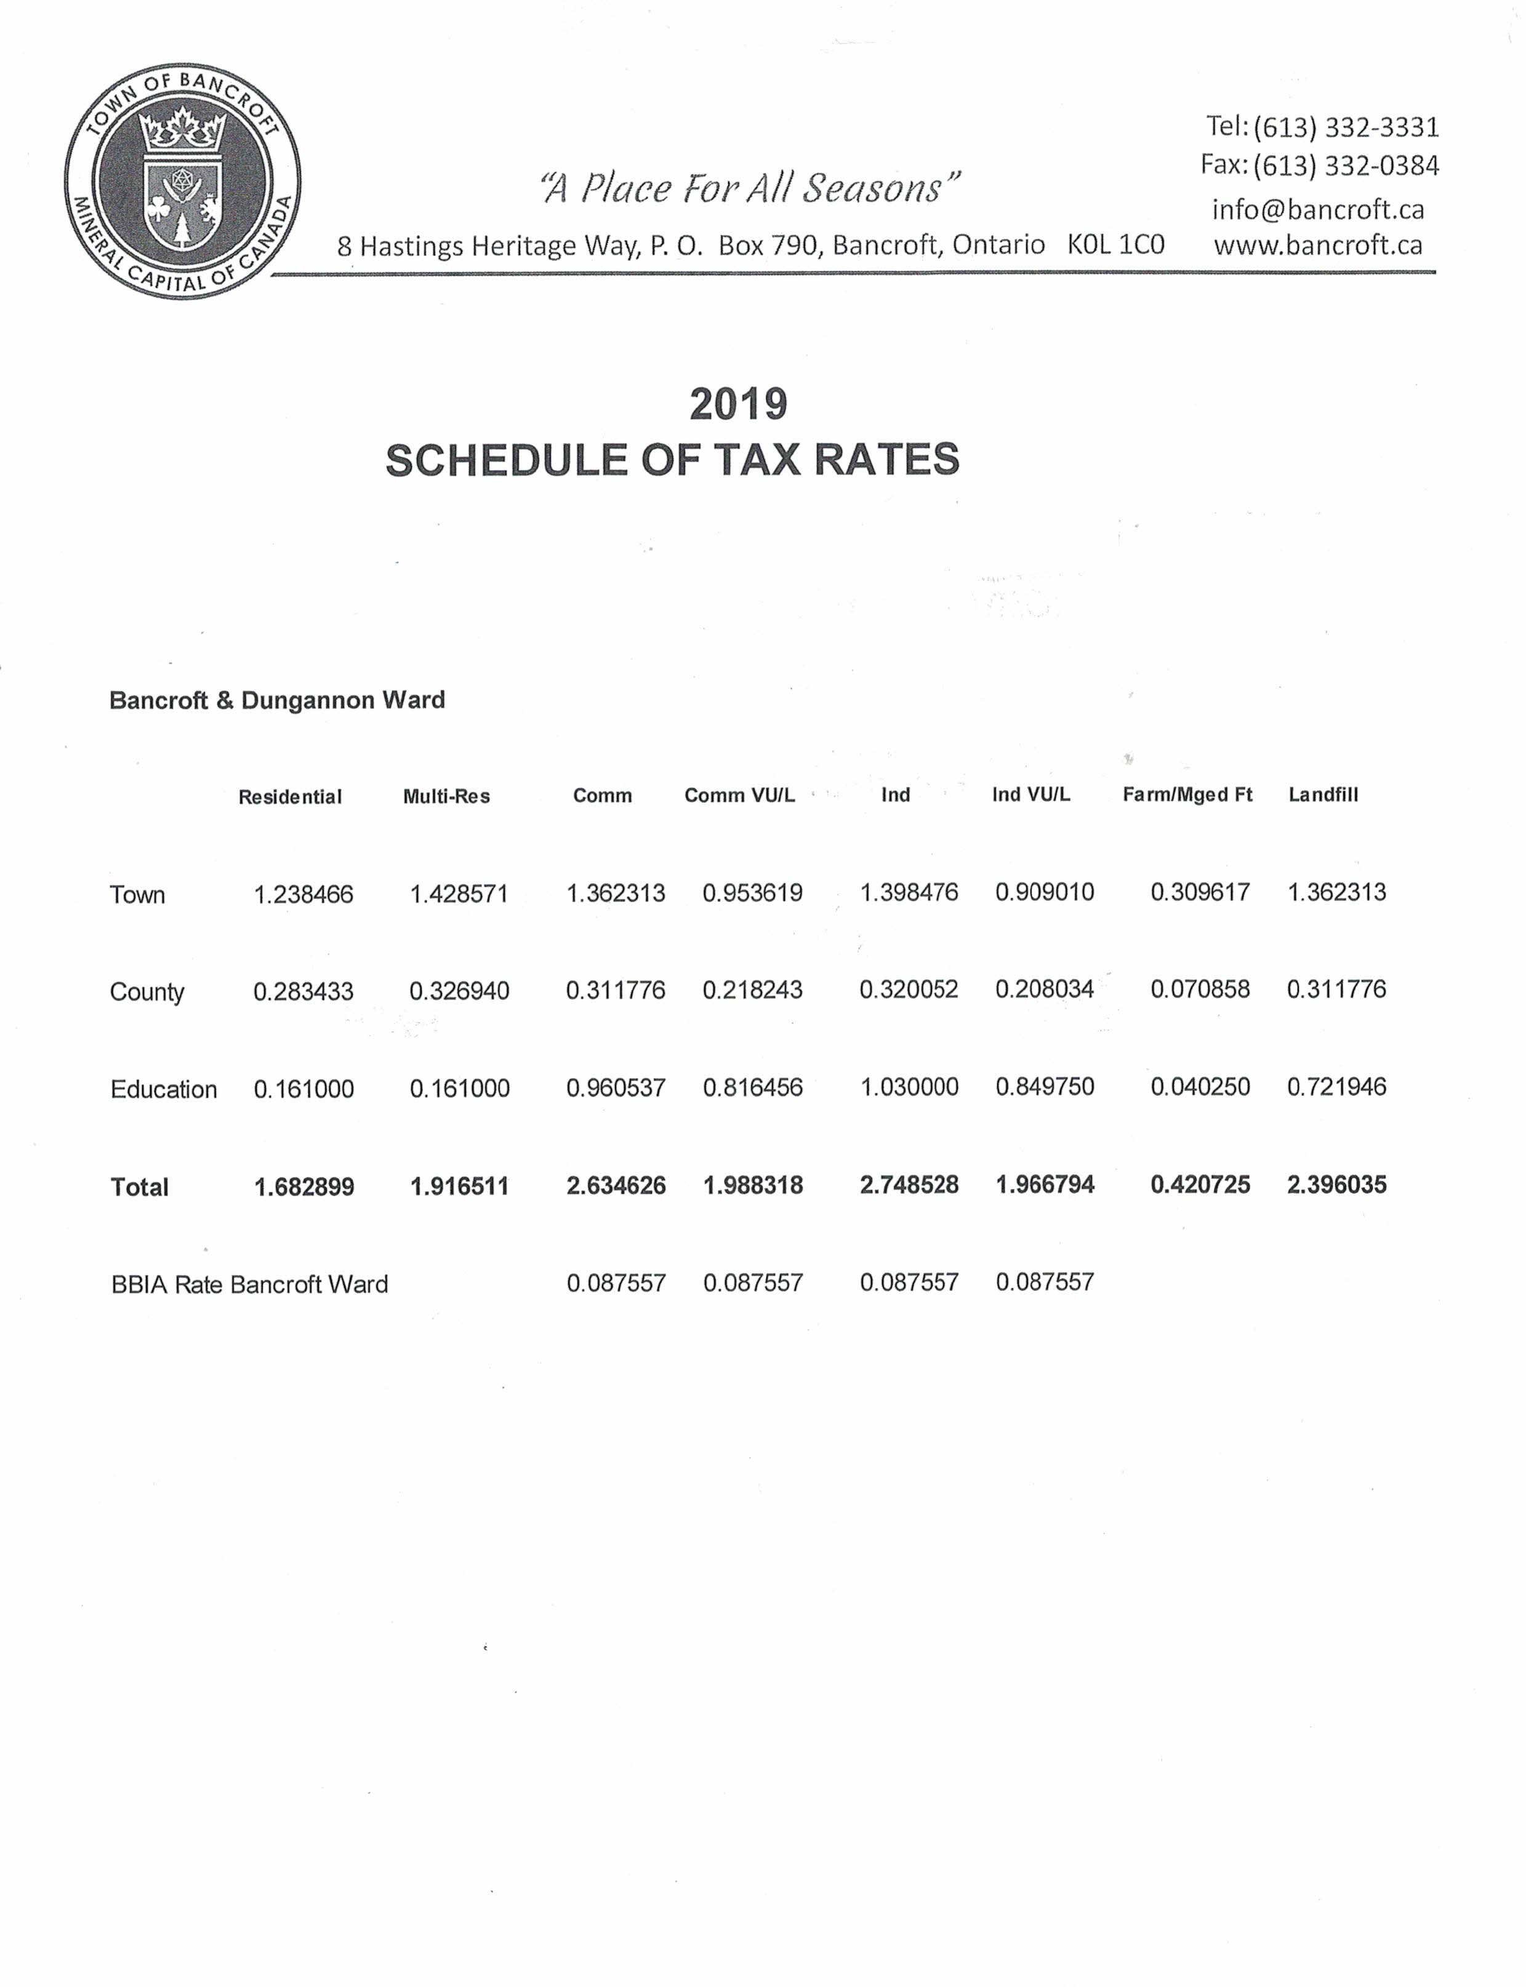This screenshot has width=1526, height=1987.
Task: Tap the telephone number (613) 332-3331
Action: coord(1346,127)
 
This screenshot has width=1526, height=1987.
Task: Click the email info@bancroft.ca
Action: coord(1317,210)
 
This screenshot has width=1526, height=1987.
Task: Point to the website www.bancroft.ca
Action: coord(1317,245)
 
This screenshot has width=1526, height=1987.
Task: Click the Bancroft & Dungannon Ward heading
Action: coord(277,700)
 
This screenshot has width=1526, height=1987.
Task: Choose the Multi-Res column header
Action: coord(446,796)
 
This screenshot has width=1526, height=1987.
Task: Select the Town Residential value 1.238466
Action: coord(303,895)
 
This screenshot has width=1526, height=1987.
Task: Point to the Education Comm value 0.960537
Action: coord(616,1087)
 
